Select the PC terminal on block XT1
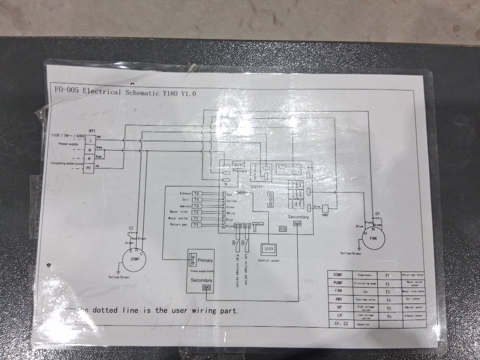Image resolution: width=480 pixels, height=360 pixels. tap(88, 168)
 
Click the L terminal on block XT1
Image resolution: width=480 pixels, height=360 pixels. tap(88, 139)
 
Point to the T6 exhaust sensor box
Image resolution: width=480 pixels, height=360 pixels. tap(196, 193)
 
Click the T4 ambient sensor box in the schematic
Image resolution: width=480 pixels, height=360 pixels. tap(196, 206)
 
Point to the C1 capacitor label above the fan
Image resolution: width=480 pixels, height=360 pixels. tap(377, 213)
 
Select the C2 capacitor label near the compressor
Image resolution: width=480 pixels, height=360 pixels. tap(131, 228)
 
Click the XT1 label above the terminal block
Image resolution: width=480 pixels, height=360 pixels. tap(92, 131)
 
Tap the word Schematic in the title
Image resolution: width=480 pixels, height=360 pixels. tap(142, 92)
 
